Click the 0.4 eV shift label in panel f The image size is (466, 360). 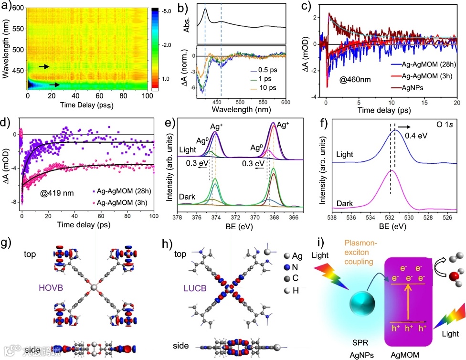414,136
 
